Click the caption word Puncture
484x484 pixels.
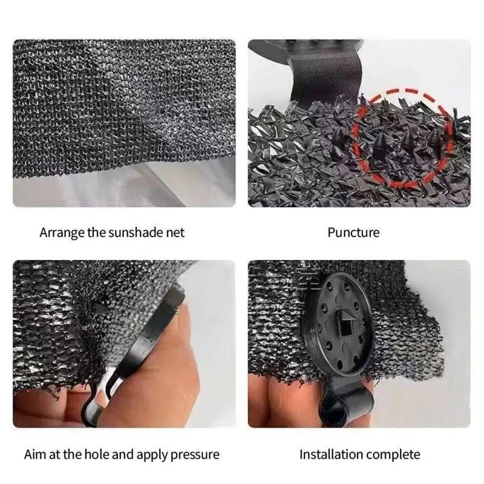click(353, 232)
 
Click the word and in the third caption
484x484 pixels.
click(122, 454)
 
